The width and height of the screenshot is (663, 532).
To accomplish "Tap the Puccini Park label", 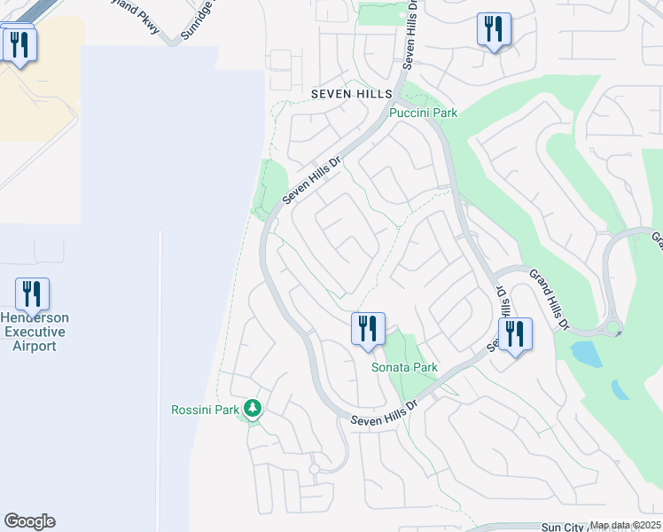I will (424, 113).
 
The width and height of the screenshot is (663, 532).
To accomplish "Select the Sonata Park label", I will (404, 367).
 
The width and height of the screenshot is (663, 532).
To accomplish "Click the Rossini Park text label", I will (205, 410).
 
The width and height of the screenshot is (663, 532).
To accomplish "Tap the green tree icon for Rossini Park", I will (253, 409).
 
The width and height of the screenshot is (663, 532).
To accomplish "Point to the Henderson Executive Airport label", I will (35, 332).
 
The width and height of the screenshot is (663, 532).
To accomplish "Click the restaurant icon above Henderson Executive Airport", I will (32, 293).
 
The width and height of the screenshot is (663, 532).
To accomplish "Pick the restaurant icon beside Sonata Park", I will (367, 329).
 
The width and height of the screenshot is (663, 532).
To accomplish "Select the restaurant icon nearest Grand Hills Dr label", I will (514, 334).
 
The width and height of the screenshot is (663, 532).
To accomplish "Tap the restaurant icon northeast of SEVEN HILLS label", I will (494, 28).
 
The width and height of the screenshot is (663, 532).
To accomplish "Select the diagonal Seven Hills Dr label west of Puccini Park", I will (312, 181).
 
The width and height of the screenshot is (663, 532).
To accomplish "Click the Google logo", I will (29, 521).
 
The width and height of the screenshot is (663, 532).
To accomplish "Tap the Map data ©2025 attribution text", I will (624, 525).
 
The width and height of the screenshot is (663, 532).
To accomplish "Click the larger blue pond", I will (586, 354).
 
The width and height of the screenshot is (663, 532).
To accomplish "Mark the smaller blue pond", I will (620, 389).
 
